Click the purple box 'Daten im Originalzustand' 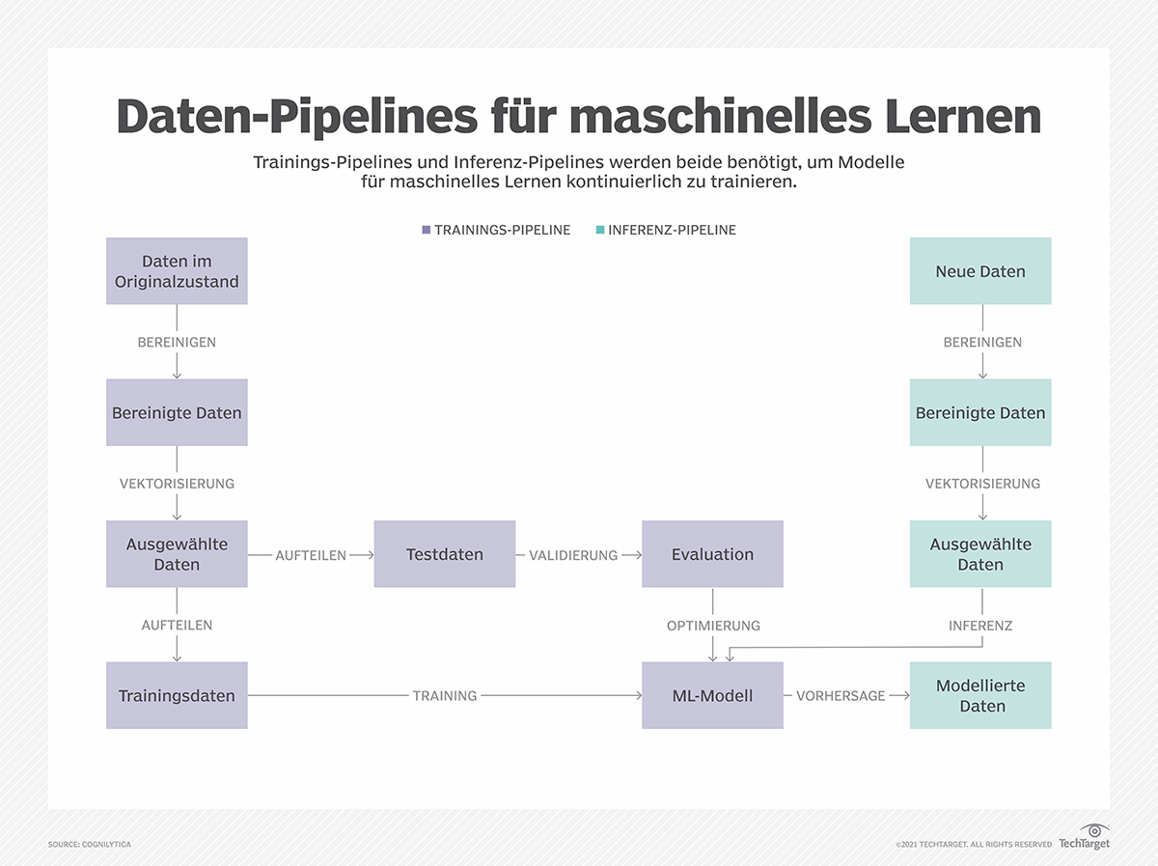tap(177, 271)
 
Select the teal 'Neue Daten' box tap(980, 271)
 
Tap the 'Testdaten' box tap(445, 554)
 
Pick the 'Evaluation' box tap(712, 554)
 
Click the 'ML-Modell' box tap(712, 695)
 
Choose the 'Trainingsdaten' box tap(177, 695)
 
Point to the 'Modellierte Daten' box tap(980, 695)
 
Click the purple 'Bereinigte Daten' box tap(177, 412)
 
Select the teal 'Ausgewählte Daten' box tap(980, 554)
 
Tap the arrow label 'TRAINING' tap(445, 695)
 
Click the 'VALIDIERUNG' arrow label tap(573, 555)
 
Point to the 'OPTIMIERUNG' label tap(713, 626)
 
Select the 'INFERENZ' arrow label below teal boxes tap(980, 626)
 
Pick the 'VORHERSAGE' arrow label tap(841, 695)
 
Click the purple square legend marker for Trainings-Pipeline tap(426, 230)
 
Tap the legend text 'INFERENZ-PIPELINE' tap(672, 230)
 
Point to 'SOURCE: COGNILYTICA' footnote tap(90, 845)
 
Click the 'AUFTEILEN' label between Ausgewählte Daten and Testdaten tap(311, 555)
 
